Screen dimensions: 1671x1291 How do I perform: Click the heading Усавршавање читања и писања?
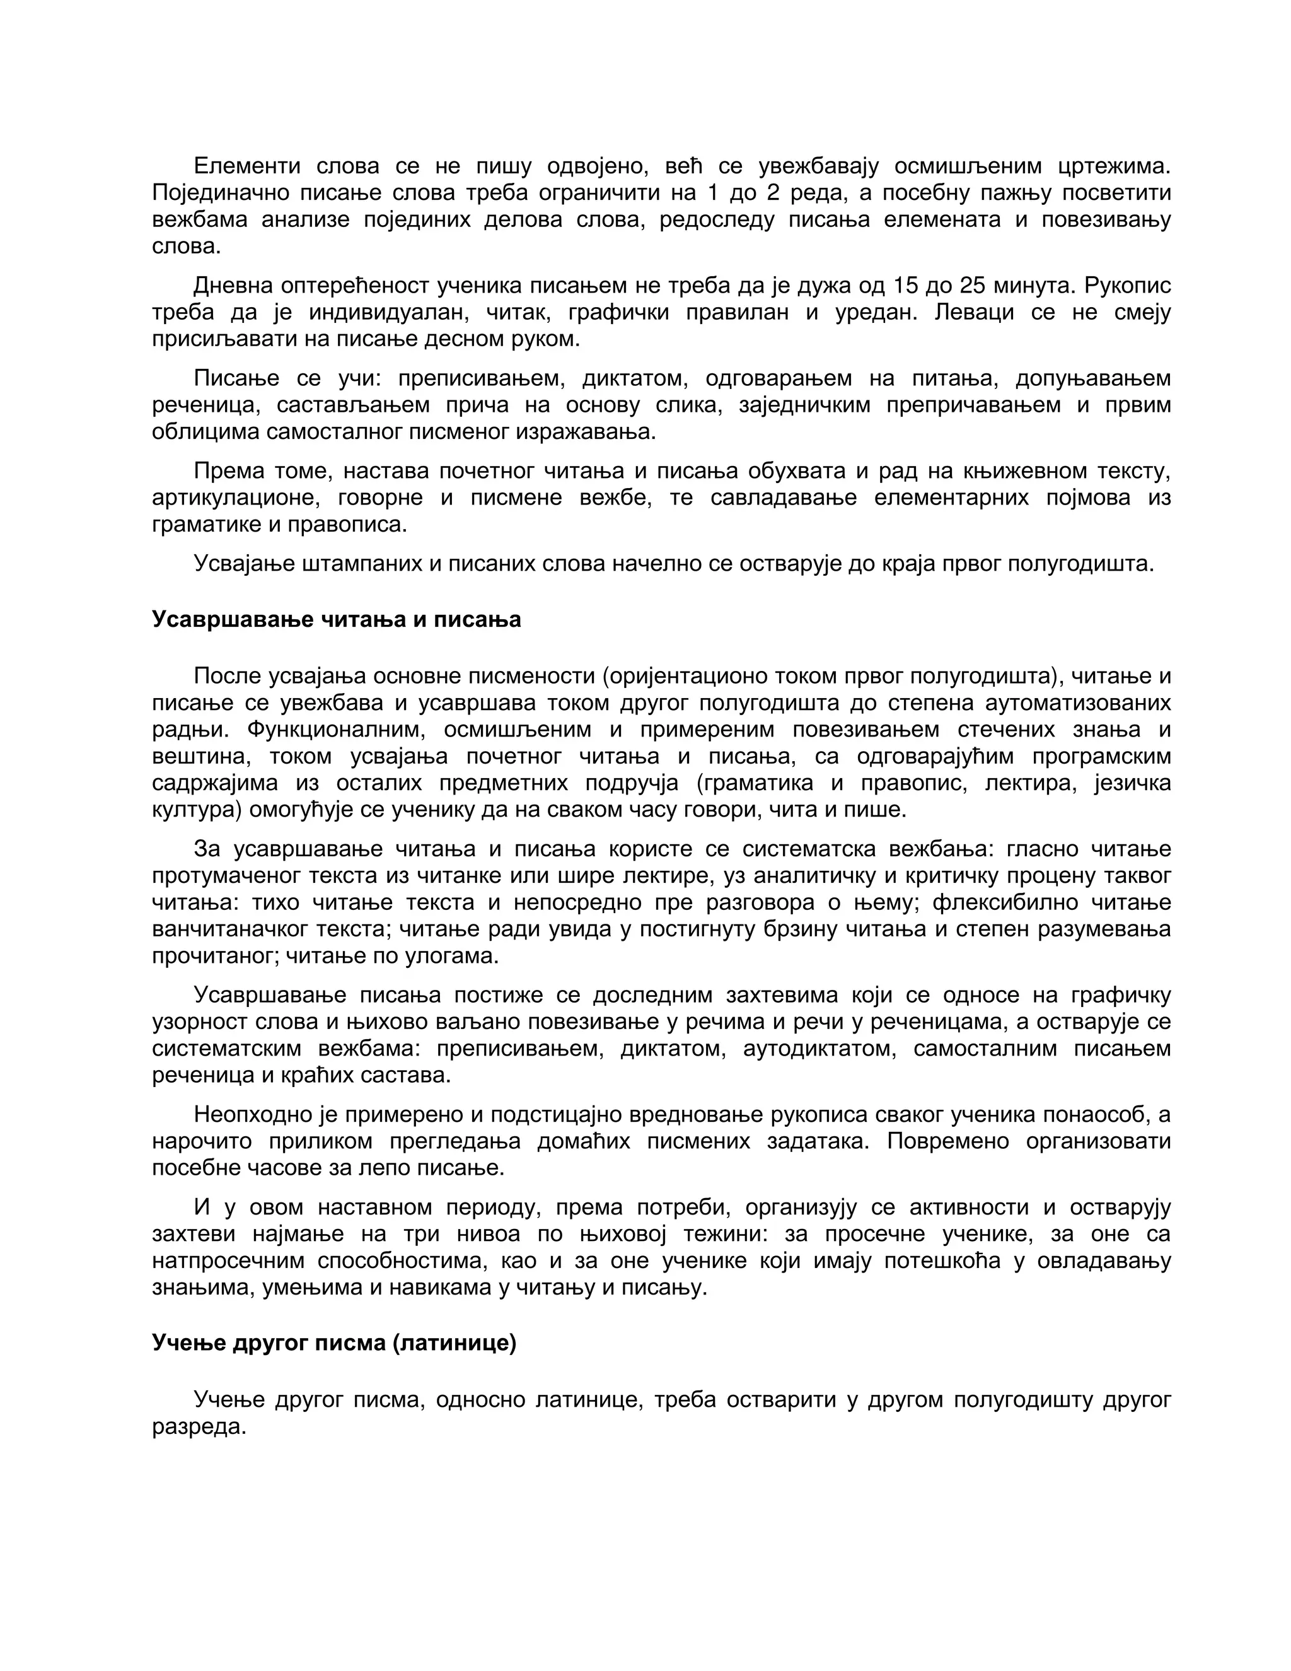click(336, 619)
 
